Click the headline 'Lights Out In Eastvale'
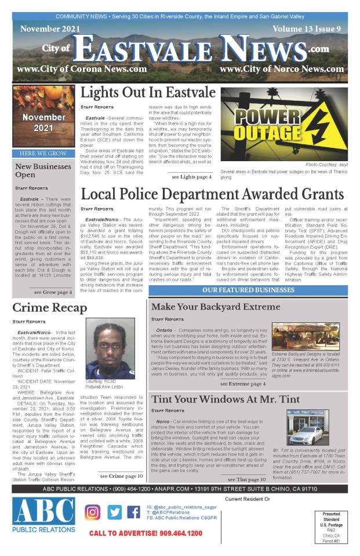[x=148, y=93]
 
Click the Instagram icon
[x=93, y=513]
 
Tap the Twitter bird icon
[x=114, y=513]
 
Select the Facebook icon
[x=134, y=513]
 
